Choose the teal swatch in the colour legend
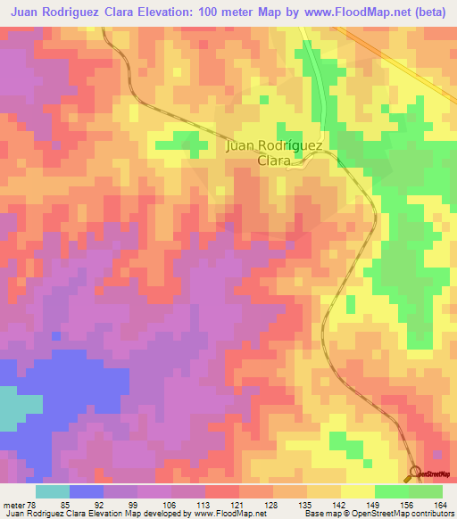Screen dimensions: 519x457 53,491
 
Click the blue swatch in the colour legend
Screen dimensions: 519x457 87,491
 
